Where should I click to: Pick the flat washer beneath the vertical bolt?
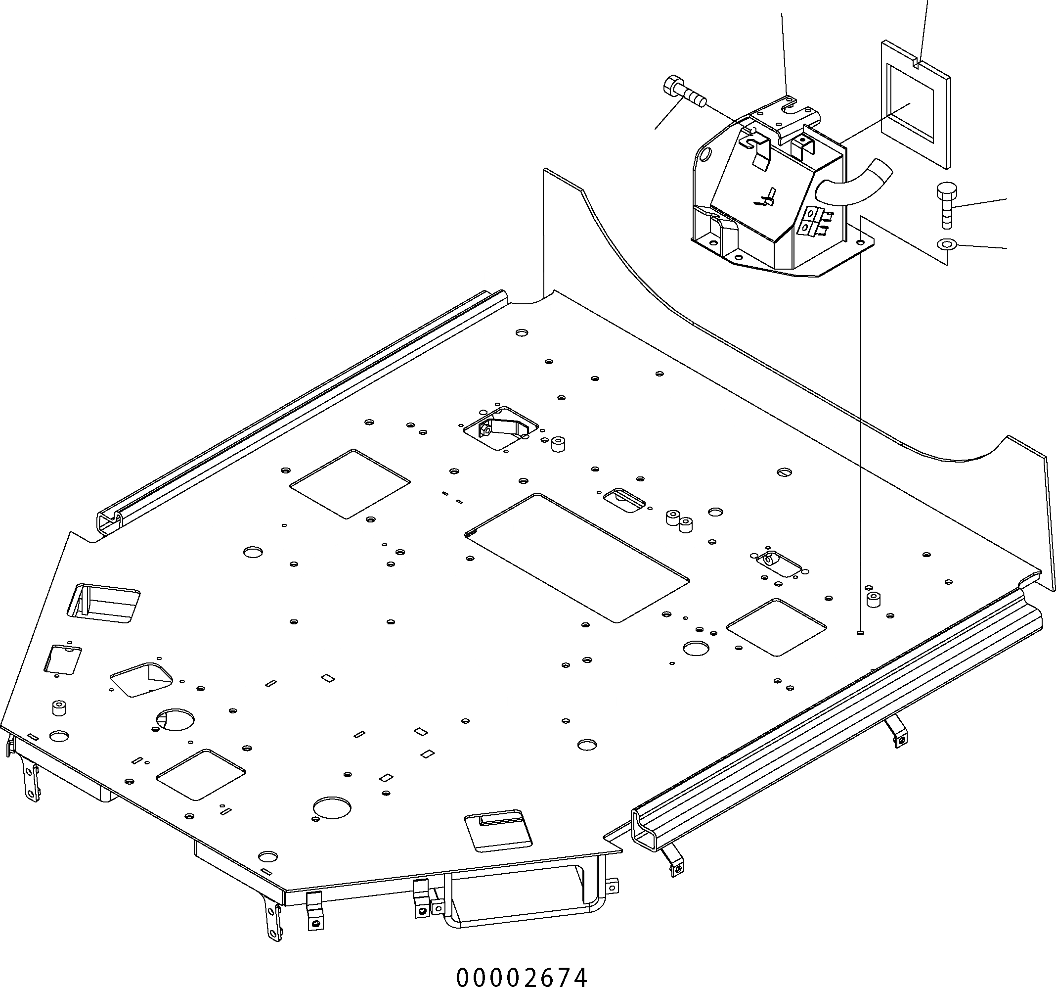[x=947, y=244]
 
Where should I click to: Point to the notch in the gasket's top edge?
[x=918, y=65]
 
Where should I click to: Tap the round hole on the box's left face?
[x=705, y=155]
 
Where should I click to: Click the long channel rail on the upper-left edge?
[x=298, y=409]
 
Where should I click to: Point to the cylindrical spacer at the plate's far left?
[x=59, y=708]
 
